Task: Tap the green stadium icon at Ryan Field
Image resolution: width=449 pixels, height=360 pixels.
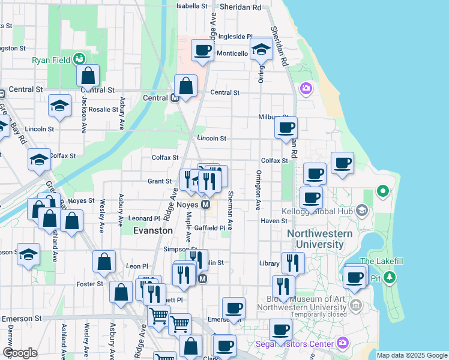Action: tap(79, 59)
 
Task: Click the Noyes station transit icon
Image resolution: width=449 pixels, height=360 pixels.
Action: tap(206, 205)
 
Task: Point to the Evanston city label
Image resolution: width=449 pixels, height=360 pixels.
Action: tap(153, 230)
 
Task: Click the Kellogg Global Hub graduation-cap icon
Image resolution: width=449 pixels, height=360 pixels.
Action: tap(361, 211)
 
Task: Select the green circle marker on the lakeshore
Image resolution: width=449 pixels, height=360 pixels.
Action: tap(382, 192)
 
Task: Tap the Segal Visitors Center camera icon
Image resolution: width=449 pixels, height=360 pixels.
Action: tap(342, 343)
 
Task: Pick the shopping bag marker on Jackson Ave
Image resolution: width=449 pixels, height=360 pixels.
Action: tap(88, 76)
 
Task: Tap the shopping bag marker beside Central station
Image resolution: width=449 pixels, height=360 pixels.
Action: tap(186, 85)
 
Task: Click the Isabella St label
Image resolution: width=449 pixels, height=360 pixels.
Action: tap(191, 6)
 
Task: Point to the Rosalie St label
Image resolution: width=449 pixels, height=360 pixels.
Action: tap(103, 109)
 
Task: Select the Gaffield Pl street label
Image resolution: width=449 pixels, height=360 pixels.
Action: tap(210, 228)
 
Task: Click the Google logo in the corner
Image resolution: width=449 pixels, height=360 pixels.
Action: tap(20, 352)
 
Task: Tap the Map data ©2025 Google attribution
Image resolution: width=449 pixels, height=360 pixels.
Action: tap(411, 355)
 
